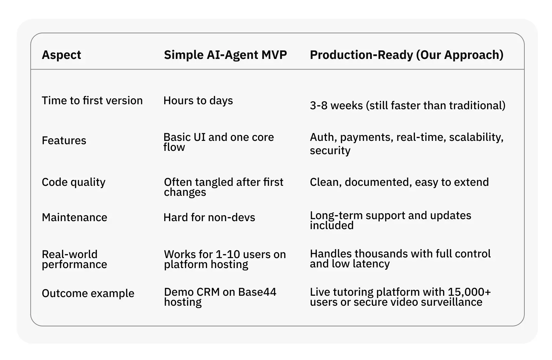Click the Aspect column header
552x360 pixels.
[61, 55]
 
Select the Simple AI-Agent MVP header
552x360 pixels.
[225, 55]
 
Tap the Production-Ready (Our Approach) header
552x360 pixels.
[406, 55]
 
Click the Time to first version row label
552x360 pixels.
[92, 101]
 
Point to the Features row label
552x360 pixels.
[64, 141]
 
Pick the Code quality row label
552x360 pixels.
[74, 182]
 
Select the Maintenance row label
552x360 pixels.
[75, 217]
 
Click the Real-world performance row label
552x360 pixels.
[75, 259]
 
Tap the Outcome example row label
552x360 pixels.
[88, 293]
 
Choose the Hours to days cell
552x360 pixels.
[198, 101]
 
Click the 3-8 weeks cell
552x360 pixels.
[407, 106]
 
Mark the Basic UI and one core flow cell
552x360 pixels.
[219, 142]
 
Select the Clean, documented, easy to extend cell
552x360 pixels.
[399, 182]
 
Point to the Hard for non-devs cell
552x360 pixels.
[209, 217]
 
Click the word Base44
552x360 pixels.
[257, 292]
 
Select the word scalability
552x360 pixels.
[476, 137]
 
